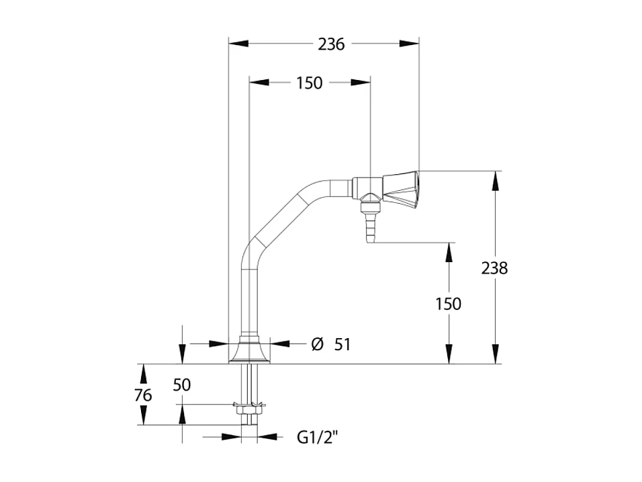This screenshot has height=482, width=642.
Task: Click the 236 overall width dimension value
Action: (x=330, y=44)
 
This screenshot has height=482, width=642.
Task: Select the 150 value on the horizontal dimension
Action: (x=309, y=83)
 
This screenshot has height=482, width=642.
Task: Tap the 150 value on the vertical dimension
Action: (x=448, y=304)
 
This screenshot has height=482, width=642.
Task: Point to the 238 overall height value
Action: (x=494, y=268)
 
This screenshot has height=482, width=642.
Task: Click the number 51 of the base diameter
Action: (x=342, y=344)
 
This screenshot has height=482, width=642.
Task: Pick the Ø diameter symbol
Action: (x=317, y=344)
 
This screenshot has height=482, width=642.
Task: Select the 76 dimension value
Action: (x=143, y=395)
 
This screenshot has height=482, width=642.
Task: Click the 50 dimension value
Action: (x=182, y=385)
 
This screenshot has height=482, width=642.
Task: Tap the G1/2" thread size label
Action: (x=318, y=438)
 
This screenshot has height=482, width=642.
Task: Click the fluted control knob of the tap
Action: (x=401, y=188)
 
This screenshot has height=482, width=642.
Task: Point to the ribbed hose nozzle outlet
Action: (x=369, y=225)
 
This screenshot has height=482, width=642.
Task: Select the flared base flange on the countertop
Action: (x=249, y=352)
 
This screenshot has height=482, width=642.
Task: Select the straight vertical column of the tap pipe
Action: (x=249, y=296)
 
